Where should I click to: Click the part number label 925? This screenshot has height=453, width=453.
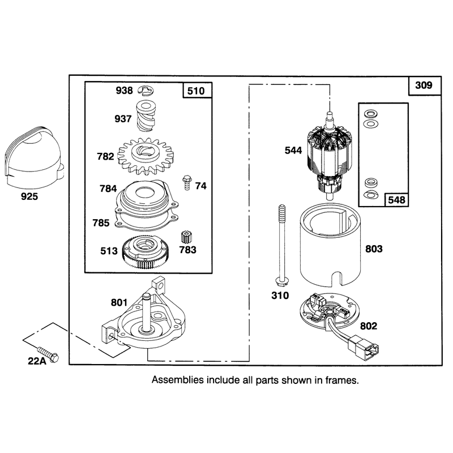tap(29, 196)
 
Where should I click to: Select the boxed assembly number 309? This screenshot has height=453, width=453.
tap(424, 86)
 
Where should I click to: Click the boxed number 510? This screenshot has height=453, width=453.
tap(196, 91)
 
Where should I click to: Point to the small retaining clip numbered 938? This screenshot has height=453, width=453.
tap(146, 91)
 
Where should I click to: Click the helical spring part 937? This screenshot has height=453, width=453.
tap(146, 116)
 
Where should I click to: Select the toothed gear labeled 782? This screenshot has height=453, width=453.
tap(146, 156)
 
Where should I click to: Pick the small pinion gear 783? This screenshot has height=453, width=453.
tap(187, 237)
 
